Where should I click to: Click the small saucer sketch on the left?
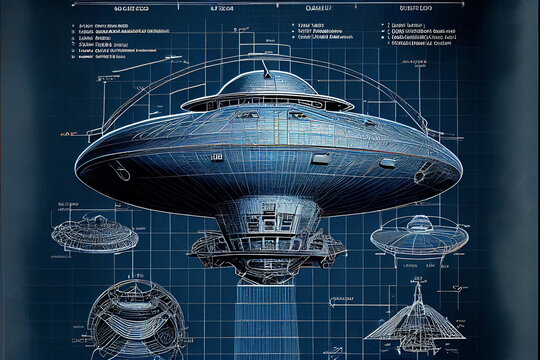tap(95, 236)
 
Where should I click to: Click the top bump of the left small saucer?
tap(95, 221)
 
